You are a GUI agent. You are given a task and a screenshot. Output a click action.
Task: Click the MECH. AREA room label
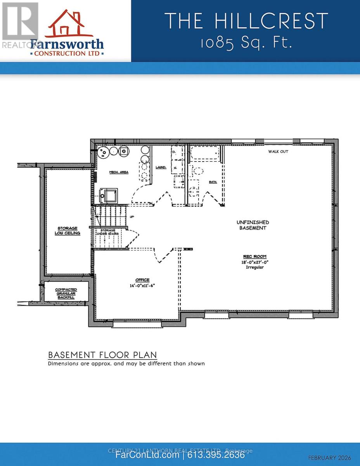click(x=119, y=172)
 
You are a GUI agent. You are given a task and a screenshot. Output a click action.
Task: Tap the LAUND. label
click(x=161, y=167)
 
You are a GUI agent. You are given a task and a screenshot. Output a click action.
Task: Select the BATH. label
click(x=213, y=181)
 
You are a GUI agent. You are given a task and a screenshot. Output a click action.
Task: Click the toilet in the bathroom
click(x=198, y=171)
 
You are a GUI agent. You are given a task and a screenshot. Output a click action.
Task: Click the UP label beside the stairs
click(x=132, y=217)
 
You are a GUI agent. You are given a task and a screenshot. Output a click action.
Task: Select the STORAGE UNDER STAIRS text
click(x=109, y=232)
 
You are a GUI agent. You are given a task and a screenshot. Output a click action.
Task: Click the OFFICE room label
click(x=142, y=280)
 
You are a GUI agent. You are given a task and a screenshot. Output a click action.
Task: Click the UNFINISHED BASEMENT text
click(x=253, y=225)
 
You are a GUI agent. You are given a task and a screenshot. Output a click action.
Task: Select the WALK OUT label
click(x=278, y=151)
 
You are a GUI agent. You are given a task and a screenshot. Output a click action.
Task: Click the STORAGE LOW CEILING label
click(x=67, y=231)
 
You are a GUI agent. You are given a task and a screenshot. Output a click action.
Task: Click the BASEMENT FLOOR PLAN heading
click(x=102, y=355)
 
